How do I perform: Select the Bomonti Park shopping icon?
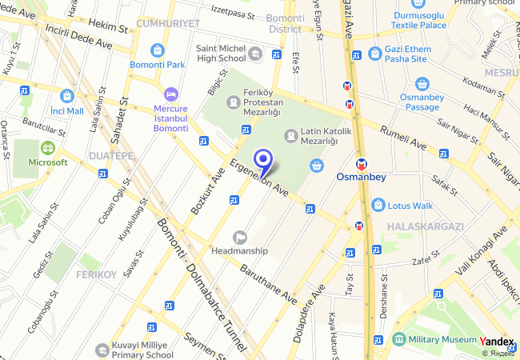click(158, 50)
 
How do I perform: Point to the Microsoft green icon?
click(48, 148)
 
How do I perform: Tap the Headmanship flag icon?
click(239, 237)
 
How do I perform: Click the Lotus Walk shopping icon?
click(378, 205)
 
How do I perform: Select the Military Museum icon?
click(399, 339)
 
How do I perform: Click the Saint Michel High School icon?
click(255, 54)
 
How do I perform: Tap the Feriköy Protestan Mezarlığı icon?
click(233, 102)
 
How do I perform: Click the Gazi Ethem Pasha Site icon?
click(375, 53)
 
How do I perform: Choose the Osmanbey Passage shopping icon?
click(422, 84)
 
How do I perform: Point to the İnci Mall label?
click(67, 110)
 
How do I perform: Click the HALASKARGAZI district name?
click(425, 227)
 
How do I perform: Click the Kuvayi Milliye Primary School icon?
click(102, 350)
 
